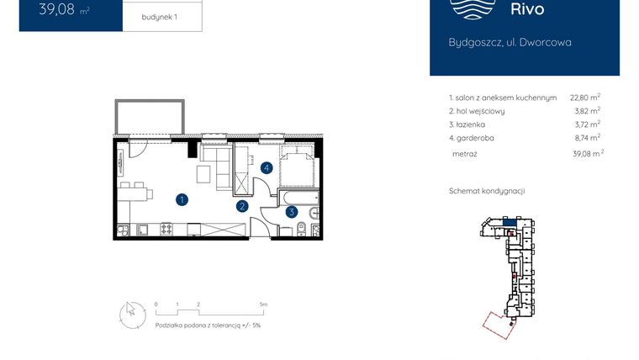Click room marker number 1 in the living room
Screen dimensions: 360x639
pos(182,199)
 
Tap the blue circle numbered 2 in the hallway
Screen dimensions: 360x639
pos(241,205)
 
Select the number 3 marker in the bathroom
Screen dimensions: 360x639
pos(291,212)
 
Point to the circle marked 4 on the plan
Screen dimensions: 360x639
pos(267,167)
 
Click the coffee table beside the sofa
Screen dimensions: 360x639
pos(204,174)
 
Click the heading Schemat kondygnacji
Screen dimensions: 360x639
pos(487,191)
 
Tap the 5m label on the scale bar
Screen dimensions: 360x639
pos(263,304)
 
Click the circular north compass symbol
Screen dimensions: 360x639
pos(130,311)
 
